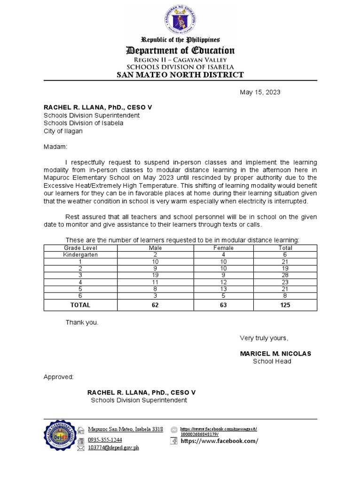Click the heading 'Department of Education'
tap(180, 51)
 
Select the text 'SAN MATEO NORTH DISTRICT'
tap(180, 75)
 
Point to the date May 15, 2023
tap(260, 92)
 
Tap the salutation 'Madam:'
tap(55, 147)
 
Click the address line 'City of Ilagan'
tap(63, 131)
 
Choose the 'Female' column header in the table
tap(223, 248)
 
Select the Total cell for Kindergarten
tap(285, 255)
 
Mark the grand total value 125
tap(285, 305)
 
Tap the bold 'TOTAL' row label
tap(80, 305)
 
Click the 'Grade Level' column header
tap(80, 248)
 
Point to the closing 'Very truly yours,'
tap(264, 338)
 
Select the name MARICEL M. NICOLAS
tap(275, 353)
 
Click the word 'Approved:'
tap(59, 377)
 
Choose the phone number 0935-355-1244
tap(105, 440)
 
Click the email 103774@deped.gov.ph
tap(113, 448)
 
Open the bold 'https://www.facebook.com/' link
tap(219, 441)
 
